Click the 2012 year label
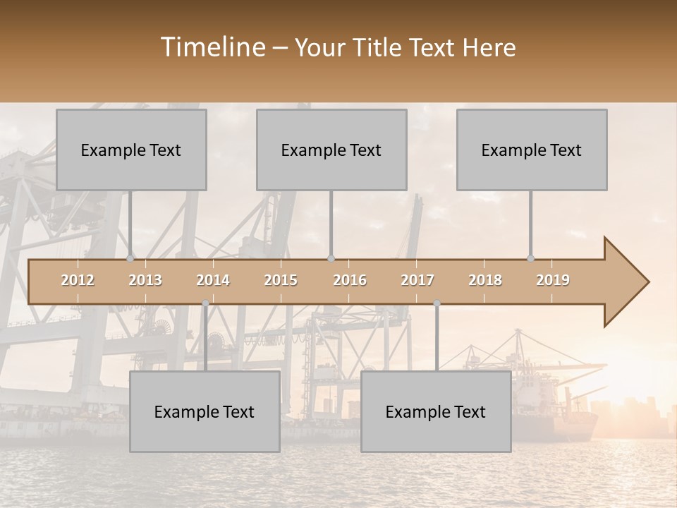tap(78, 280)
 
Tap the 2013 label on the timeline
tap(145, 280)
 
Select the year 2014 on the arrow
tap(213, 280)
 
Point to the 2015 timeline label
tap(281, 280)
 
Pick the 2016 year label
tap(350, 280)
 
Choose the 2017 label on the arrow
tap(417, 280)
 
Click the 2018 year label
tap(485, 280)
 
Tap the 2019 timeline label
tap(553, 280)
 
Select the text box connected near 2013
tap(131, 150)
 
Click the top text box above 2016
tap(331, 150)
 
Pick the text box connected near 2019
tap(532, 150)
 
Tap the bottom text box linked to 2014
tap(205, 411)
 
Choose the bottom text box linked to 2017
tap(436, 411)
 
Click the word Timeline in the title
tap(212, 47)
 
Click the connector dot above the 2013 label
tap(130, 258)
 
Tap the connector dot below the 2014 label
tap(205, 303)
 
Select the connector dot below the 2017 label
tap(437, 303)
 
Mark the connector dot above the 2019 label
tap(531, 258)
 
